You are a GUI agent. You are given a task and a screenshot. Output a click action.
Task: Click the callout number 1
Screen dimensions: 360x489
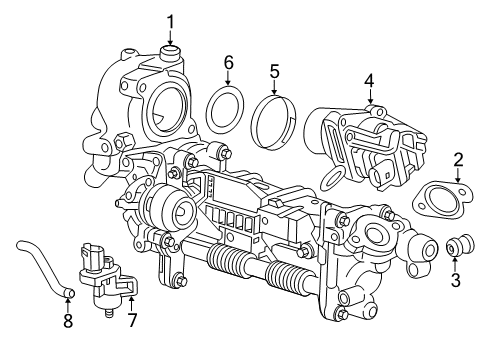pyautogui.click(x=170, y=21)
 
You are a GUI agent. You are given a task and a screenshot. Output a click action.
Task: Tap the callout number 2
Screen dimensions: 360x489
pyautogui.click(x=458, y=159)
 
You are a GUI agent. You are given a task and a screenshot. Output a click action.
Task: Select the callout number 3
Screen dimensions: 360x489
pyautogui.click(x=455, y=281)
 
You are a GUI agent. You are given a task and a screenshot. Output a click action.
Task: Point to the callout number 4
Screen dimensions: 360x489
pyautogui.click(x=369, y=80)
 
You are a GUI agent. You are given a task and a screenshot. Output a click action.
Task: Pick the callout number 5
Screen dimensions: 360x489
pyautogui.click(x=274, y=71)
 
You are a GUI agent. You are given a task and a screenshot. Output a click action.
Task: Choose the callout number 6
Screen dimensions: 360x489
pyautogui.click(x=228, y=63)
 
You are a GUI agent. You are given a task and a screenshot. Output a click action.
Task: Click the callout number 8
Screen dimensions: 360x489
pyautogui.click(x=68, y=321)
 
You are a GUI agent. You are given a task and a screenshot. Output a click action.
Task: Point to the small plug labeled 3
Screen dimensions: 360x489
pyautogui.click(x=459, y=246)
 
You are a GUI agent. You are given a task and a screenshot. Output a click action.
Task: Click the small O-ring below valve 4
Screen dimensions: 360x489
pyautogui.click(x=333, y=177)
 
